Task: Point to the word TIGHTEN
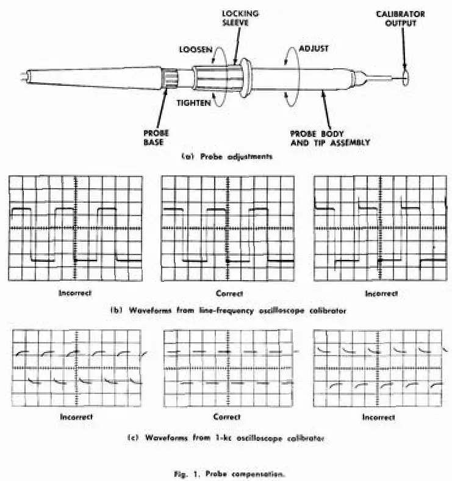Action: (x=195, y=103)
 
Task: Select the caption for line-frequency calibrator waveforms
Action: (x=228, y=310)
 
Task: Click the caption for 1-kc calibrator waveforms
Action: (x=228, y=437)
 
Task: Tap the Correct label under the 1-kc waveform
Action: (x=226, y=417)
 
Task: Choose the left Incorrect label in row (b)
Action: (x=75, y=293)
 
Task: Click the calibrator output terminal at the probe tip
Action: (x=407, y=77)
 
